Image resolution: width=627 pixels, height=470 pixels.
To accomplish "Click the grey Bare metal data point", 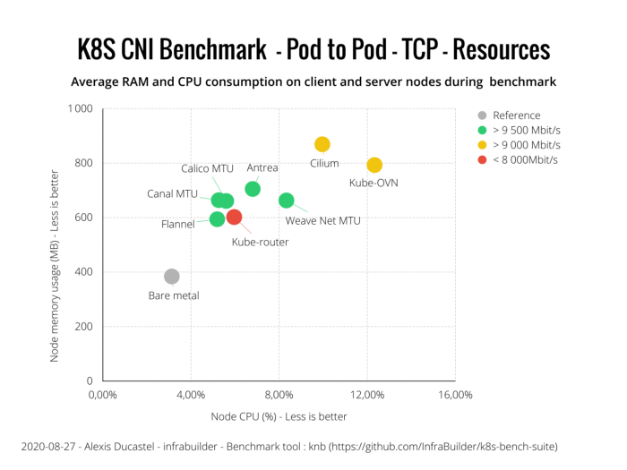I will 171,277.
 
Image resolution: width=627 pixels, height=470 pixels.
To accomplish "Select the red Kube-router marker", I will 234,217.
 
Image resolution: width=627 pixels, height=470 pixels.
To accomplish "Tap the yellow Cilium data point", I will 322,144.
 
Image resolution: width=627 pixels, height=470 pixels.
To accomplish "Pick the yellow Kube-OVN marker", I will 374,165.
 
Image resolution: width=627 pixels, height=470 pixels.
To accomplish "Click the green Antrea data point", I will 253,189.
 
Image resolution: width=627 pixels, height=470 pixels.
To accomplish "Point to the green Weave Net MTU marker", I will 286,201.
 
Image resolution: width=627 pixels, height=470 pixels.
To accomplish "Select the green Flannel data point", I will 217,218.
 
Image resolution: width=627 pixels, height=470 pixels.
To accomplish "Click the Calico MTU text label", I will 207,168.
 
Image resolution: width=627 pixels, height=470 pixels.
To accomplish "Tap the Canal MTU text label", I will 174,193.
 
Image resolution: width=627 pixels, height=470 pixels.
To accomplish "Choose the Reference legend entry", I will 516,115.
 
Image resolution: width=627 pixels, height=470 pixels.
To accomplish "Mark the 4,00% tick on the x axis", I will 191,395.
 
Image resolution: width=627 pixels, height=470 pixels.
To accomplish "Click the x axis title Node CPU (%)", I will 279,416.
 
